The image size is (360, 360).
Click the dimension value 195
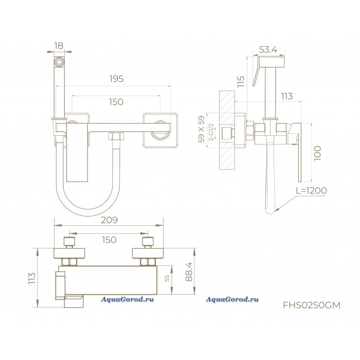tap(116, 79)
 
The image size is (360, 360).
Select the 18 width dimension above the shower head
tap(59, 46)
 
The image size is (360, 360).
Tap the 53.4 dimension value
tap(268, 49)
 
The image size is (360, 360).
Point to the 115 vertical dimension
tap(241, 81)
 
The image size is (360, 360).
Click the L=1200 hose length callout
tap(311, 190)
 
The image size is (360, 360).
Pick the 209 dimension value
tap(109, 220)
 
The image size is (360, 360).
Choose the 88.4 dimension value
tap(189, 272)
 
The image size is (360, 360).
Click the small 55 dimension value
tap(167, 278)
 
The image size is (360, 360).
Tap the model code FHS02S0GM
tap(312, 305)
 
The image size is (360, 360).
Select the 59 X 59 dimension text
tap(202, 130)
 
